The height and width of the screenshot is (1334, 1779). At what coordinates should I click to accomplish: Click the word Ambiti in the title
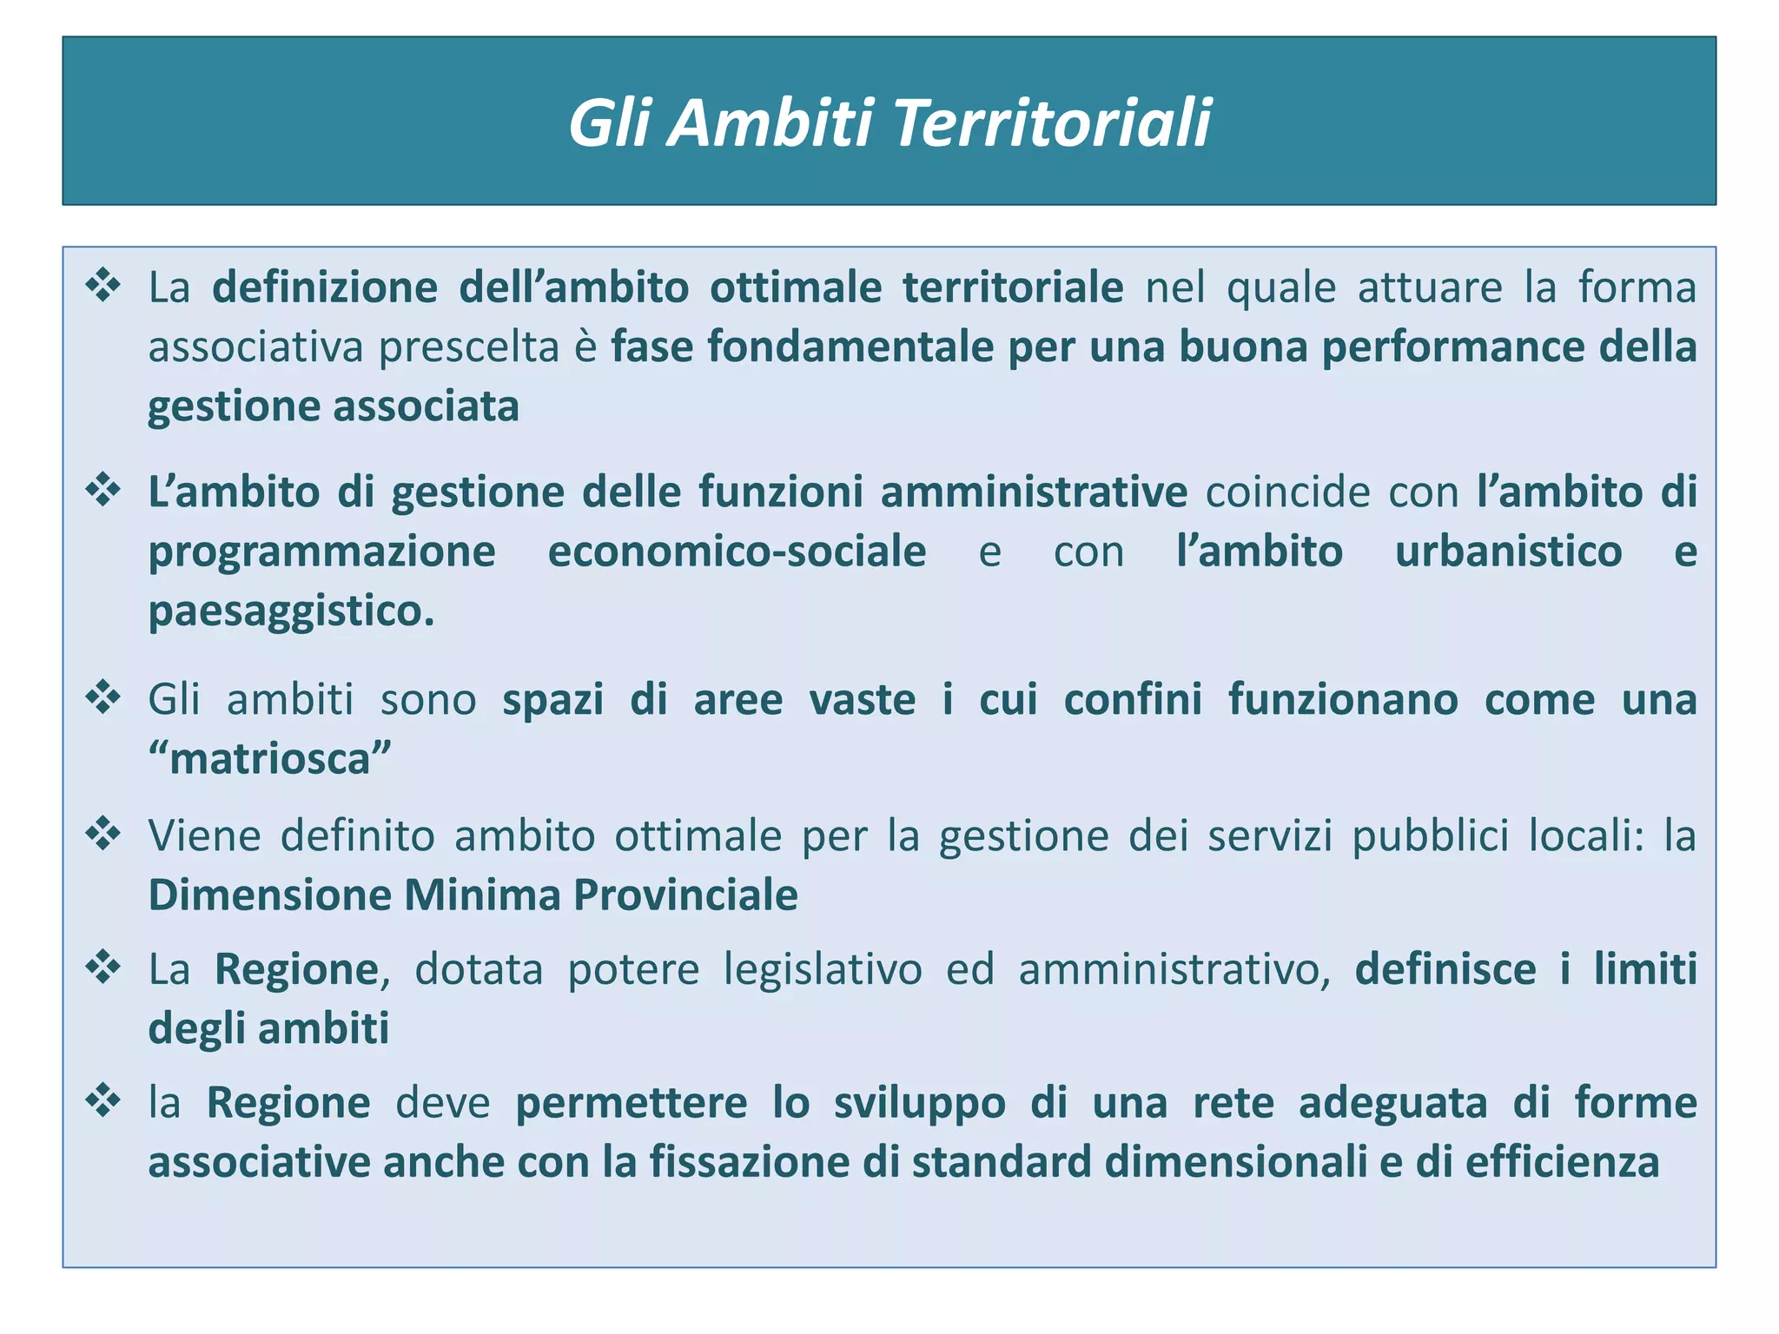[x=771, y=123]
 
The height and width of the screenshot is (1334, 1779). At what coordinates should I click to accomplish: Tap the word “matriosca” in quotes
[x=269, y=759]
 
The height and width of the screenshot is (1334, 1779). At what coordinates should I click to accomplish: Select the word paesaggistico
[x=291, y=611]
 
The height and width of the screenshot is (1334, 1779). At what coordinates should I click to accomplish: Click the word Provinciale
[x=685, y=895]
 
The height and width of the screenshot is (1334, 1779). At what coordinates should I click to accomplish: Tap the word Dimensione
[x=270, y=895]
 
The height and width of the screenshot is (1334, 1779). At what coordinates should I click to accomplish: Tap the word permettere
[x=632, y=1104]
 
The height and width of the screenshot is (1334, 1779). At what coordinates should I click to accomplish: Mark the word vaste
[x=862, y=700]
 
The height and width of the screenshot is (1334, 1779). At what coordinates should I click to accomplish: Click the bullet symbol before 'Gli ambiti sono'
[x=103, y=697]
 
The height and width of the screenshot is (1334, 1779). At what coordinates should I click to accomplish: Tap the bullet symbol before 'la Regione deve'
[x=103, y=1100]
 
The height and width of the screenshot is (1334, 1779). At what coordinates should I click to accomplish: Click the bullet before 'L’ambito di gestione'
[x=103, y=490]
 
